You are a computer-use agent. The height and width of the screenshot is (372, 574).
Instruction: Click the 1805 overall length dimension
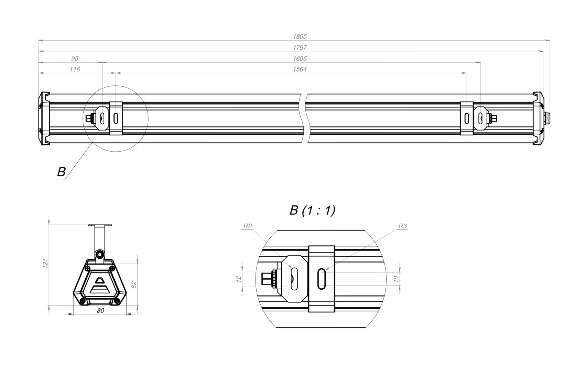[300, 37]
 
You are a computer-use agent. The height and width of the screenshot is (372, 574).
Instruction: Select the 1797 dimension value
[300, 48]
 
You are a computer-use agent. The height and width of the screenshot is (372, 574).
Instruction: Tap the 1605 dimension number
[300, 59]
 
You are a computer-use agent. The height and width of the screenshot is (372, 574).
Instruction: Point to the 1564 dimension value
[300, 69]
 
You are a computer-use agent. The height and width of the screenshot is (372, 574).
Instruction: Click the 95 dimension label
[75, 59]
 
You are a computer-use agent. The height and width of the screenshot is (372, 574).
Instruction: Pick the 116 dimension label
[75, 69]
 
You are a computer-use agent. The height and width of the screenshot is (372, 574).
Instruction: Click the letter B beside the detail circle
[61, 172]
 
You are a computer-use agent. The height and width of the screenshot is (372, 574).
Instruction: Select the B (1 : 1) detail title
[312, 210]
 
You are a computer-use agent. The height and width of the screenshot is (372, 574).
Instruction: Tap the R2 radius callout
[248, 226]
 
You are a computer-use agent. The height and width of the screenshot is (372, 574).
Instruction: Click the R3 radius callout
[403, 226]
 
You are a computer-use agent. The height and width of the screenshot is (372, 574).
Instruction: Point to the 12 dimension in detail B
[239, 279]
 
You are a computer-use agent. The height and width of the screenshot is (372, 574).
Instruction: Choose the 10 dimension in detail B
[396, 279]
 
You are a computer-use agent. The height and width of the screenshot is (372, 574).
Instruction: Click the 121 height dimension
[45, 263]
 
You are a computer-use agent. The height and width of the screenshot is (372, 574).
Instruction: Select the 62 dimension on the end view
[134, 285]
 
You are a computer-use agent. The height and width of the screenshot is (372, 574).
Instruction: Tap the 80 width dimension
[100, 311]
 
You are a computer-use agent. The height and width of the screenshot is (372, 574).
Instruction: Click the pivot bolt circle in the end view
[99, 254]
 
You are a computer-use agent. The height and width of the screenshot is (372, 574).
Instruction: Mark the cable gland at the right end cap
[547, 119]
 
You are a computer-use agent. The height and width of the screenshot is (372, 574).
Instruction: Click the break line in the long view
[304, 118]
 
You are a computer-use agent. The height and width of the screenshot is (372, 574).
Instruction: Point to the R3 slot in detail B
[322, 279]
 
